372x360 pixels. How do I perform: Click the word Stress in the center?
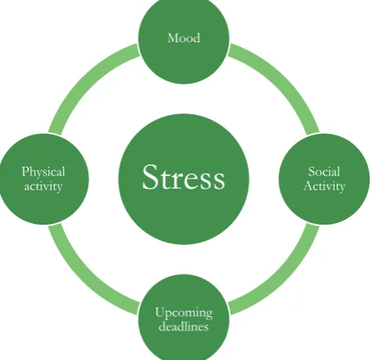pos(183,177)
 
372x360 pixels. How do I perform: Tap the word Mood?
pos(184,38)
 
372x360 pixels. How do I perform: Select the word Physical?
pos(43,172)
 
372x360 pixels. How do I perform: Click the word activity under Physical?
pos(43,187)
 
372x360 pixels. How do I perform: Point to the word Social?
pos(324,171)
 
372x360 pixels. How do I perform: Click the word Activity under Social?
pos(324,186)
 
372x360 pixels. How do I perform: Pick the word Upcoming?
pos(184,313)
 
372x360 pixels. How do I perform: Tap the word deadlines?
pos(184,326)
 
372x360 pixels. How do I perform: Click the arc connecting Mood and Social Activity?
pos(284,79)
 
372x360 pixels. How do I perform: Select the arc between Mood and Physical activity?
pos(84,79)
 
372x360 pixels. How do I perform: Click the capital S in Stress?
pos(150,177)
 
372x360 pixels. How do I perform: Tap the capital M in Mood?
pos(173,38)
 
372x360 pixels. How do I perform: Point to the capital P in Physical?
pos(25,171)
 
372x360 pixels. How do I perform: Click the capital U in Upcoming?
pos(160,312)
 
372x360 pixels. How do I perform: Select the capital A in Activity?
pos(309,186)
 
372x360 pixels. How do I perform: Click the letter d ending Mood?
pos(197,38)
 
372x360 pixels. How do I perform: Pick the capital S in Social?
pos(311,171)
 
